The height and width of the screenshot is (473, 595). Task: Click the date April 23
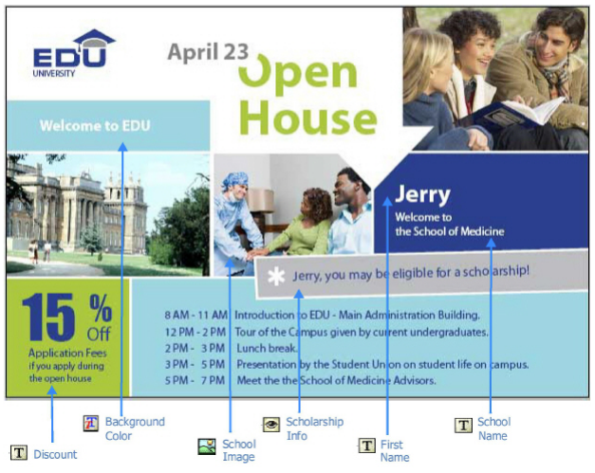point(208,52)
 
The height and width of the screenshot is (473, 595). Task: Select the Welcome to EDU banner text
point(95,126)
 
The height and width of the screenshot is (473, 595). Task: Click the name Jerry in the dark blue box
point(422,195)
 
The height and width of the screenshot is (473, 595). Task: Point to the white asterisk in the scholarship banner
point(276,276)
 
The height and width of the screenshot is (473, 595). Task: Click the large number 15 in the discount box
point(48,317)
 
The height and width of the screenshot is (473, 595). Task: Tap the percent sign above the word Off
point(101,308)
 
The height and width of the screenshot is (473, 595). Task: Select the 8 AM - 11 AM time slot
point(195,315)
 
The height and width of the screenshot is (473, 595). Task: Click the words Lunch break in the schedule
point(267,348)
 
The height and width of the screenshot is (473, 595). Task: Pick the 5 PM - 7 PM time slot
point(195,380)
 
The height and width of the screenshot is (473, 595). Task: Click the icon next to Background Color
point(91,424)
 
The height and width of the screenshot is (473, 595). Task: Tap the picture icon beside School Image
point(207,446)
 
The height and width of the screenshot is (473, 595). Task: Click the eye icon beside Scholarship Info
point(271,424)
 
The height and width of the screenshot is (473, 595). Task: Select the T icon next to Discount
point(19,452)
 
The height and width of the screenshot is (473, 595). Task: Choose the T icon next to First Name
point(367,446)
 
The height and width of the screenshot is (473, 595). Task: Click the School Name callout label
point(493,428)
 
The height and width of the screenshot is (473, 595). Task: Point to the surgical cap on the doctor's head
point(235,180)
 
